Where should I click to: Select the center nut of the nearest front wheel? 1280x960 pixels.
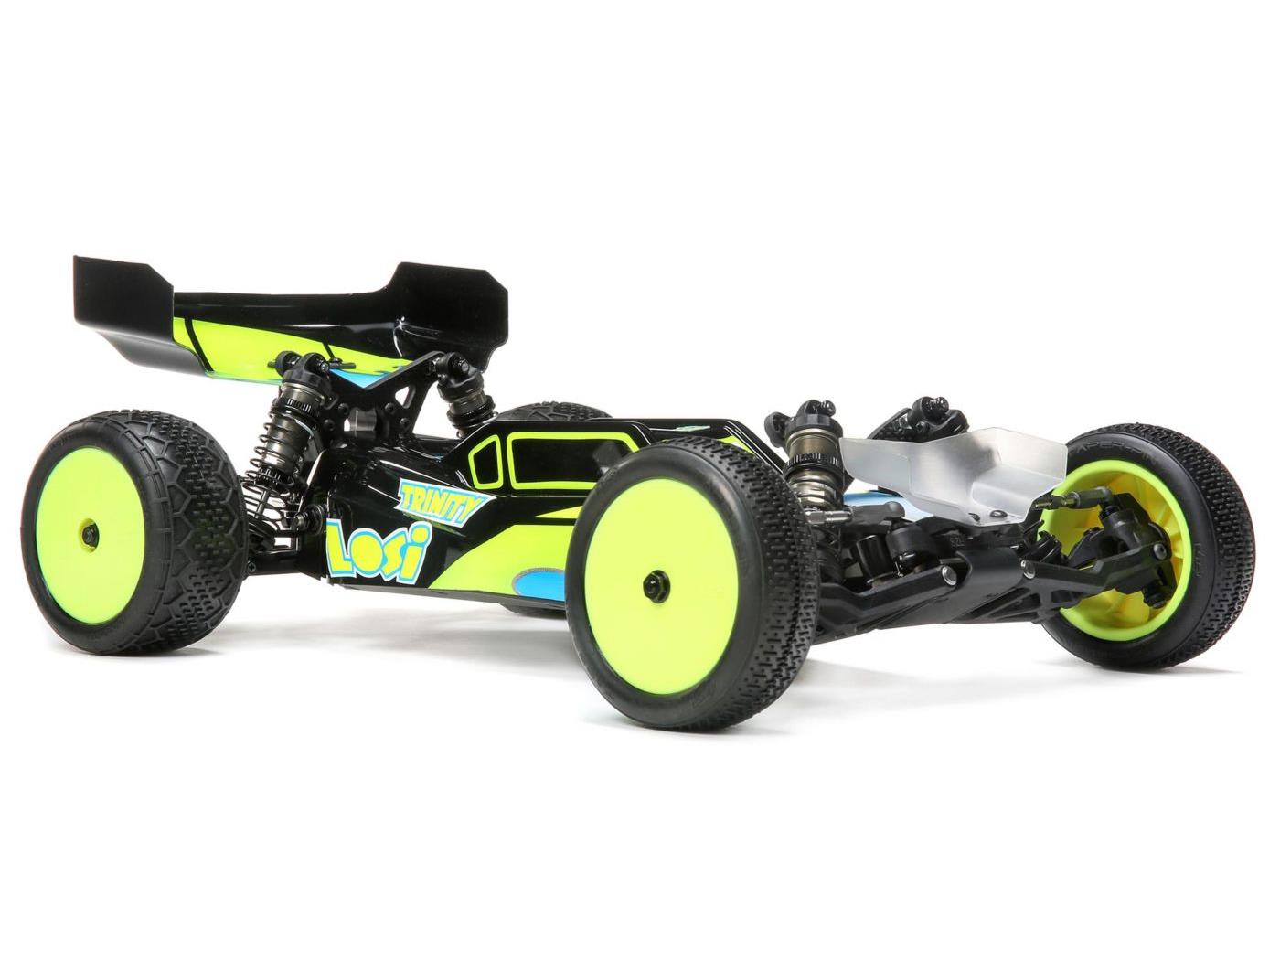click(x=656, y=580)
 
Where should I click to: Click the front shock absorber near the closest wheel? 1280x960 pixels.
click(x=810, y=448)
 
